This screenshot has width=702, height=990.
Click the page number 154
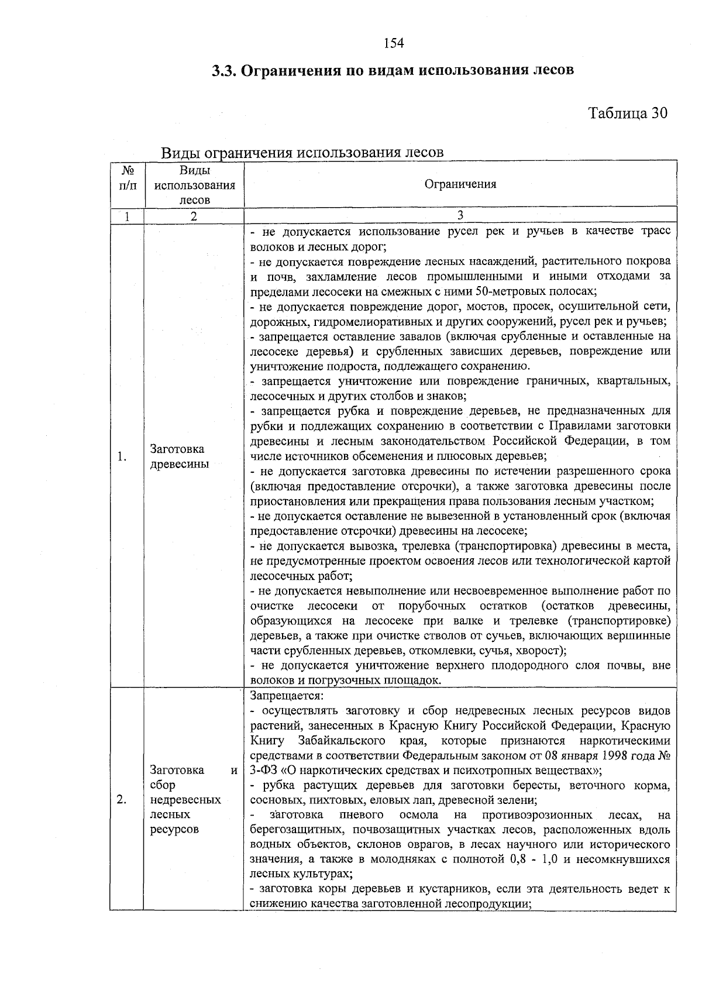[394, 43]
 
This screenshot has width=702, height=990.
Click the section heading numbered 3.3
[393, 71]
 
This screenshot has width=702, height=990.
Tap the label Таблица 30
[627, 113]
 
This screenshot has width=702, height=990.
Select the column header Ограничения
[460, 184]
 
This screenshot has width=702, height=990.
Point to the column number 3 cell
[460, 215]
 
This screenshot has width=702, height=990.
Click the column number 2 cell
[194, 216]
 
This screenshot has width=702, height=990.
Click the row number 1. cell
[121, 457]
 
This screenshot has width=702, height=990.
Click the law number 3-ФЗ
[264, 770]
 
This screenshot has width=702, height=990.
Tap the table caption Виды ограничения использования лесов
[302, 152]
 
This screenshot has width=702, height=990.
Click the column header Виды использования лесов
[194, 185]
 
